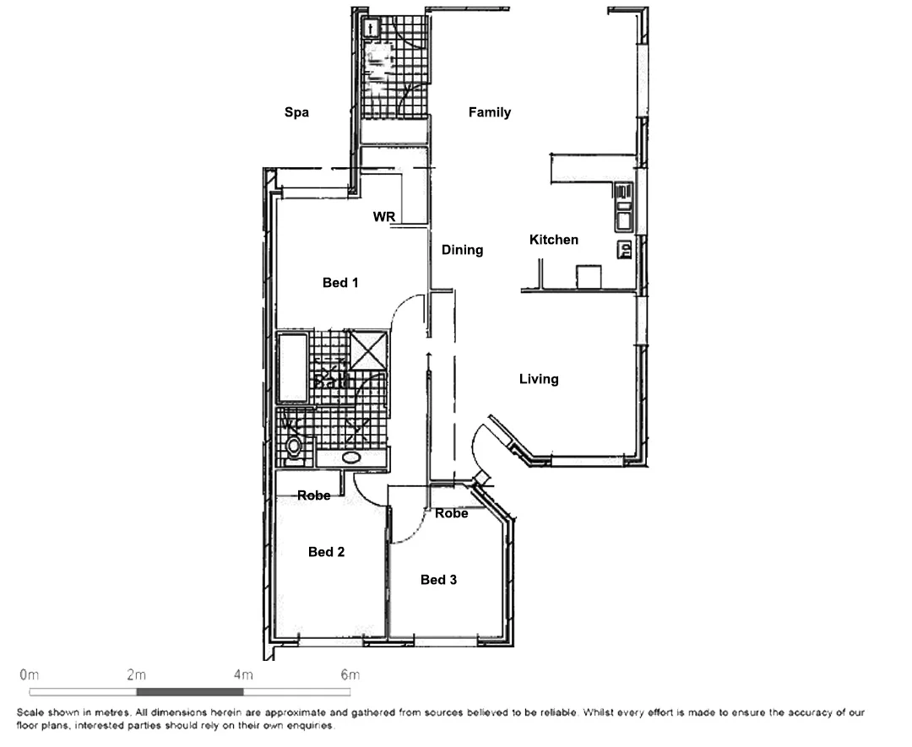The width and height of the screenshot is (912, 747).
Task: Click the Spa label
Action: coord(296,112)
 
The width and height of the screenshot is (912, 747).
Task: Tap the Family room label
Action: coord(490,112)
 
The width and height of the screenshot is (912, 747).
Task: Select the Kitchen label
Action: coord(554,240)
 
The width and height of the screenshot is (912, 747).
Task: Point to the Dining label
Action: coord(462,250)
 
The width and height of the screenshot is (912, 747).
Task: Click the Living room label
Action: coord(539,379)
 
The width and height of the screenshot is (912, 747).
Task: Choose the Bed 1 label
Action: coord(340,283)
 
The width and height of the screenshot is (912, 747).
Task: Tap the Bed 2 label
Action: coord(326,552)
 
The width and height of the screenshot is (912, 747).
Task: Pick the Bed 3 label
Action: coord(438,580)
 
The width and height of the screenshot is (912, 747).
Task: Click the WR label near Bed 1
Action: coord(384,217)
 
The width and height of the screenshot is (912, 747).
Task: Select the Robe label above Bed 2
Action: coord(314,495)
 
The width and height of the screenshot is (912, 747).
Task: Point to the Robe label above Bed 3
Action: coord(451,513)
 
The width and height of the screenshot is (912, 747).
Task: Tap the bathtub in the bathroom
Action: coord(292,368)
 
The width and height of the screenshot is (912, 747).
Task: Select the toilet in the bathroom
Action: coord(293,445)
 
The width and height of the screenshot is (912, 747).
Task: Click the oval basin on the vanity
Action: coord(351,458)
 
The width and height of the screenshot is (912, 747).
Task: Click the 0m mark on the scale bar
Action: coord(29,674)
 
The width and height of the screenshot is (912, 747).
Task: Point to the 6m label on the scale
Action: coord(350,674)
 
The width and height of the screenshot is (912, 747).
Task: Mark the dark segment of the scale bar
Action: coord(189,691)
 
